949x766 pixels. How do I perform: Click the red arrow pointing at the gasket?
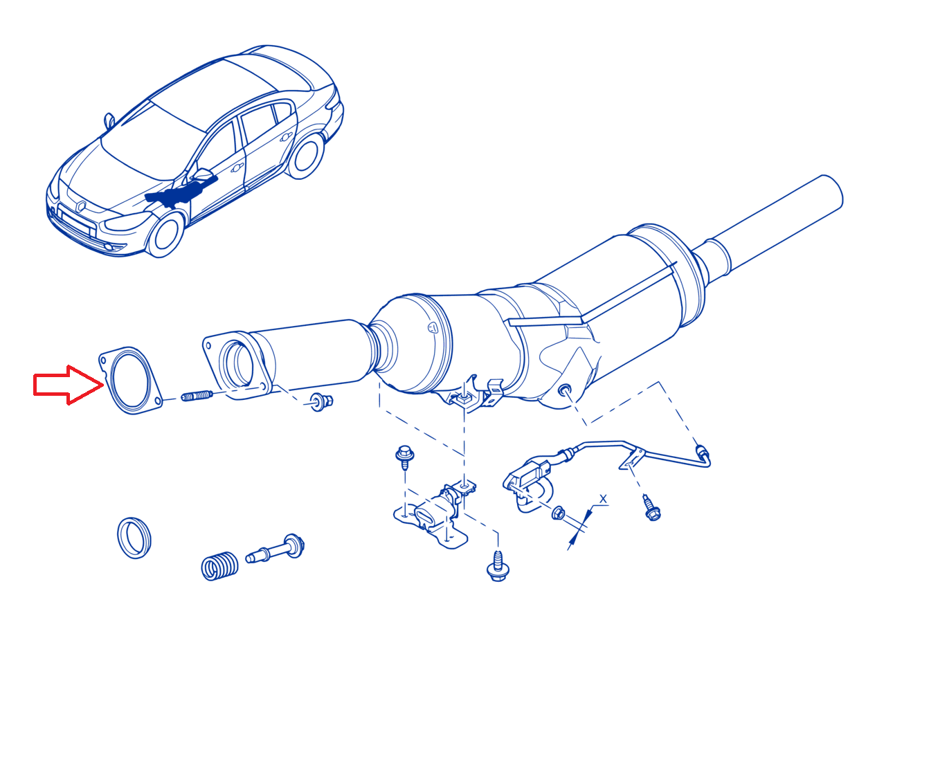pos(67,385)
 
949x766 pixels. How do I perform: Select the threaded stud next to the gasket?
pos(197,396)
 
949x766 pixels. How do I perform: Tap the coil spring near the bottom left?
pos(219,565)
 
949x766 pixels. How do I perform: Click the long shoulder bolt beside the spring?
pos(275,549)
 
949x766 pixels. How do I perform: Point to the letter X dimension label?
pos(603,499)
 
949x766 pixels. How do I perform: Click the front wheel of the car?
pos(165,235)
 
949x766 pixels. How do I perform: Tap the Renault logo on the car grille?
pos(81,206)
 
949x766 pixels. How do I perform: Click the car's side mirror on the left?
pos(109,120)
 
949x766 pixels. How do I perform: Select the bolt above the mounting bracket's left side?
pos(404,457)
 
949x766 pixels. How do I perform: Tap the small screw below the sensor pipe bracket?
pos(652,508)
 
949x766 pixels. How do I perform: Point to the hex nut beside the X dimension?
pos(558,513)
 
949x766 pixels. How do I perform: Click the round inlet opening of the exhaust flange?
pos(236,363)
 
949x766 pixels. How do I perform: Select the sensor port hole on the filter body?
pos(564,391)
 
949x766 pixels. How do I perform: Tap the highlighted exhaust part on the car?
pos(181,192)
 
